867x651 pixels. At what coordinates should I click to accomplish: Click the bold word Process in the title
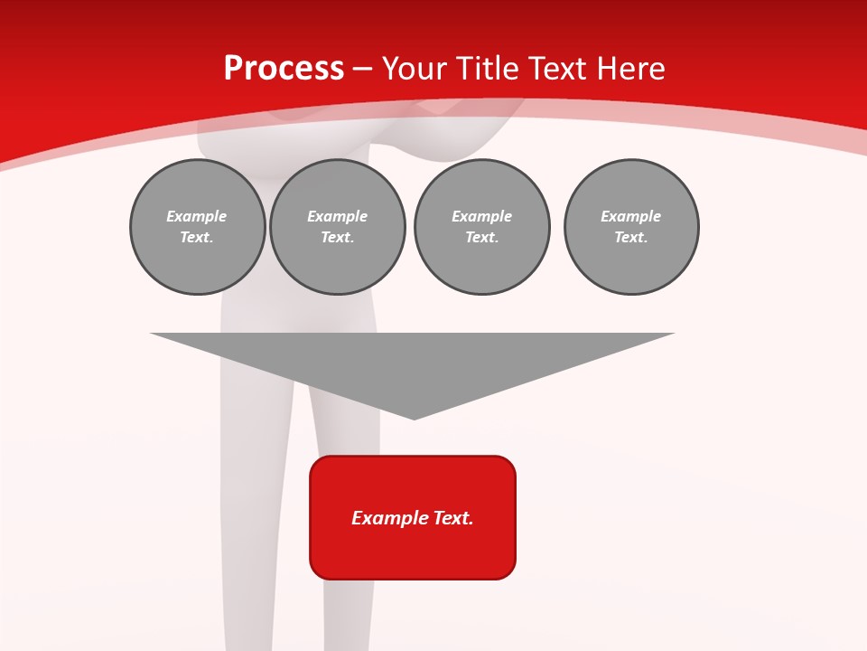[284, 69]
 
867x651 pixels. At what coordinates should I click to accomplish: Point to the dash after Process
[363, 69]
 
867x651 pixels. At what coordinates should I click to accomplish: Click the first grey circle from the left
[197, 227]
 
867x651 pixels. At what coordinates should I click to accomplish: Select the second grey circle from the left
[338, 227]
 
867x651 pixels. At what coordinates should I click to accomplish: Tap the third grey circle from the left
[482, 227]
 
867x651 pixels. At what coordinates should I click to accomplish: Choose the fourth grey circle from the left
[631, 227]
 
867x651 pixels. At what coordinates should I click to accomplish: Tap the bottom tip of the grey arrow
[414, 418]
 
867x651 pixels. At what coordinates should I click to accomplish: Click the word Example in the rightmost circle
[631, 216]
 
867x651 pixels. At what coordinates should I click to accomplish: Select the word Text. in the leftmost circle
[197, 238]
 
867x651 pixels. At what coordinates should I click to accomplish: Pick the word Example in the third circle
[482, 216]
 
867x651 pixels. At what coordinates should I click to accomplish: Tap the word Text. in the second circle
[338, 238]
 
